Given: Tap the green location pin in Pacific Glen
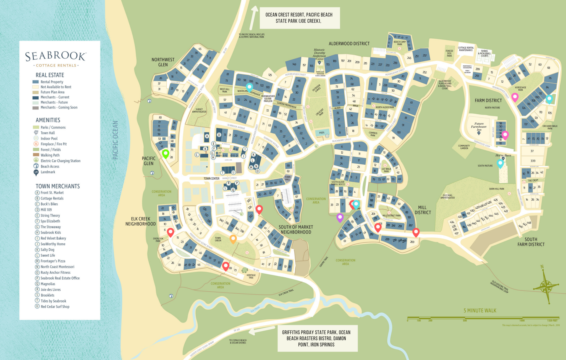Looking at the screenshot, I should click(x=166, y=153).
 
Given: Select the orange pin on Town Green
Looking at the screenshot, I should click(x=233, y=239).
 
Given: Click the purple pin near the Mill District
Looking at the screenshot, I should click(x=340, y=217).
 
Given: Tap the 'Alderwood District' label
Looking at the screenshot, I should click(x=349, y=44).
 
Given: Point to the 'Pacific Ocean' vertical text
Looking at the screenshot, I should click(x=115, y=140).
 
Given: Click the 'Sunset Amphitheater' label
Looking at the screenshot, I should click(x=199, y=111).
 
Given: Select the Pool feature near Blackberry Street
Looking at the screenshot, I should click(x=322, y=133).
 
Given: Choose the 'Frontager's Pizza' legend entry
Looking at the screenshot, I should click(x=53, y=261).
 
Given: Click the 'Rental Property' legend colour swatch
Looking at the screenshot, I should click(x=36, y=82).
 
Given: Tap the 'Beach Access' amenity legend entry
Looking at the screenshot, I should click(x=50, y=166).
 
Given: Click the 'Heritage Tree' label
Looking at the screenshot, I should click(x=251, y=276).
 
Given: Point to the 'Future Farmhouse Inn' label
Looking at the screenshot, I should click(x=479, y=127).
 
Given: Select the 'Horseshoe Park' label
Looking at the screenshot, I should click(x=520, y=89).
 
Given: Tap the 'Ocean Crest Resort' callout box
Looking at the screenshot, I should click(x=299, y=18).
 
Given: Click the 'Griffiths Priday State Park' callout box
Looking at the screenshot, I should click(x=316, y=338).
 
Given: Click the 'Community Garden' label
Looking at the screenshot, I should click(x=464, y=147).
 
